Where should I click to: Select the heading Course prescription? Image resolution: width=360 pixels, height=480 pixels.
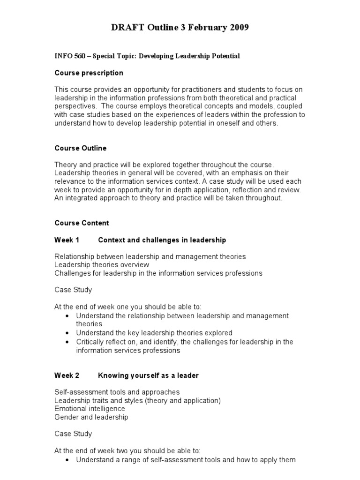point(89,73)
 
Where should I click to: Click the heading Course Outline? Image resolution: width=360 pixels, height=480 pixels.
point(80,148)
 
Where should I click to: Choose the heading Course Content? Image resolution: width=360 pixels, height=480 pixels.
point(82,223)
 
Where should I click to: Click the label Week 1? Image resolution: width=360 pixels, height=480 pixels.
point(67,240)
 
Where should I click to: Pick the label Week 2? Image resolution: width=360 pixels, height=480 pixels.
point(67,375)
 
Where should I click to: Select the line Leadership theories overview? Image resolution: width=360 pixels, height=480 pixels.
point(102,265)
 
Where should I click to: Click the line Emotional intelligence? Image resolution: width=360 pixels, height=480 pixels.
point(90,409)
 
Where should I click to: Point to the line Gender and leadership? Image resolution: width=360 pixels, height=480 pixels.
point(91,417)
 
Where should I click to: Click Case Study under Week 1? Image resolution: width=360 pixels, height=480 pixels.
point(73,290)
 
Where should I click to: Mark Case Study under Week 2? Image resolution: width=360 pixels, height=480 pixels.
point(73,434)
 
